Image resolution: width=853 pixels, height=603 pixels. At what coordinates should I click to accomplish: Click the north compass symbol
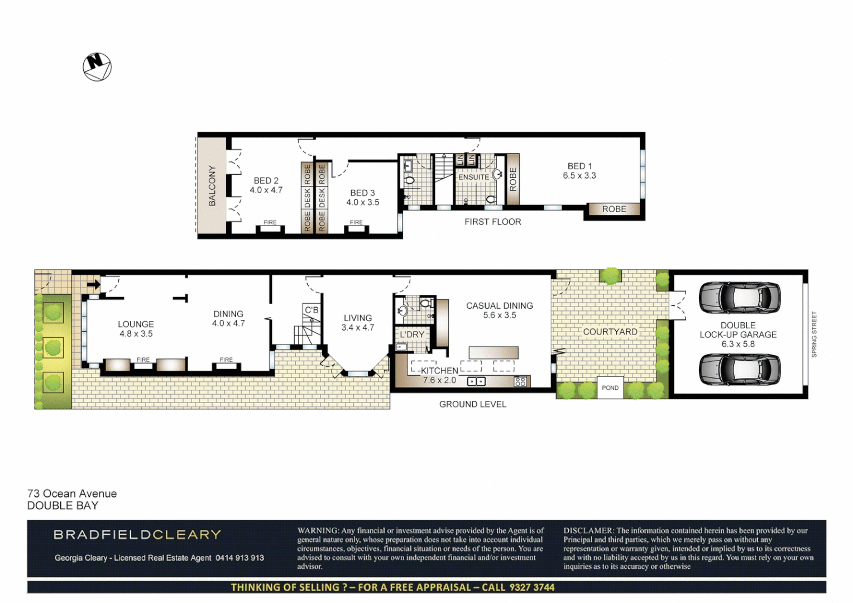tap(97, 67)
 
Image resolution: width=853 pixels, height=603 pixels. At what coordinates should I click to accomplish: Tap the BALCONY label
tap(212, 186)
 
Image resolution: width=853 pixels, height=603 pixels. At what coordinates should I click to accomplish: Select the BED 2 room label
tap(266, 181)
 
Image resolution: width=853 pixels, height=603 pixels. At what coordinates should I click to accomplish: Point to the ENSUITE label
tap(473, 177)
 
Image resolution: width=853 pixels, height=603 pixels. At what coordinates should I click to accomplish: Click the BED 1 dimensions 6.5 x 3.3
tap(579, 176)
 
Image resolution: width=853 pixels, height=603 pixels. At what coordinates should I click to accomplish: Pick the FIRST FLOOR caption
tap(492, 222)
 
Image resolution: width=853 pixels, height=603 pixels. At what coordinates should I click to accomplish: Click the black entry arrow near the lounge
tap(93, 285)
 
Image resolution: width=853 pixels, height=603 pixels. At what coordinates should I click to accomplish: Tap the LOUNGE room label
tap(136, 324)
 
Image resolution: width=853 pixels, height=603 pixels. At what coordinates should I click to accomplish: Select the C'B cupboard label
tap(312, 310)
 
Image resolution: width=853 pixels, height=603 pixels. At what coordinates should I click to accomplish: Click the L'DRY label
tap(412, 334)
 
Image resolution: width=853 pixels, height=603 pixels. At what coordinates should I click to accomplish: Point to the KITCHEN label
tap(439, 371)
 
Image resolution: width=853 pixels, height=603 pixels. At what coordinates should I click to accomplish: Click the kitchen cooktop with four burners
tap(520, 382)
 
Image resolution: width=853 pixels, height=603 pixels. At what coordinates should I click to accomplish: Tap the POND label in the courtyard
tap(610, 388)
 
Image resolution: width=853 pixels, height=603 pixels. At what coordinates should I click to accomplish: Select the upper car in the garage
tap(739, 297)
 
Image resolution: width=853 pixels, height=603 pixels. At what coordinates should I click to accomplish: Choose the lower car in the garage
tap(739, 369)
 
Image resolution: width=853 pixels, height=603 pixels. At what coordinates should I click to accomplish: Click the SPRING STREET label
tap(814, 334)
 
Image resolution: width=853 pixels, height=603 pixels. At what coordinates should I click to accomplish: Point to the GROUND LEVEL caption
tap(472, 404)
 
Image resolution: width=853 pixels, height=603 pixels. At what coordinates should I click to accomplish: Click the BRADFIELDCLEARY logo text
tap(137, 535)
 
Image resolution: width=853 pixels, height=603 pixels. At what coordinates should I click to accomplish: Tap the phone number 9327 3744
tap(532, 587)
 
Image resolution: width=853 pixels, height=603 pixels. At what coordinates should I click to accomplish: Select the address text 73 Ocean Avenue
tap(72, 494)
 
